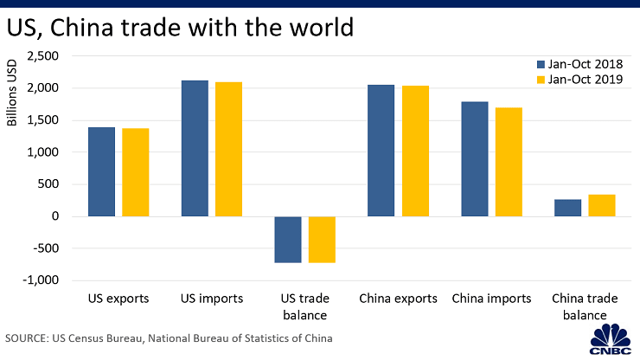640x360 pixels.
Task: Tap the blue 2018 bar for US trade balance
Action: [x=287, y=240]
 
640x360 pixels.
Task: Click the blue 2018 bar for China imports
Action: [x=474, y=159]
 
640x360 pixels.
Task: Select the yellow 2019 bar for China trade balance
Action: [x=601, y=205]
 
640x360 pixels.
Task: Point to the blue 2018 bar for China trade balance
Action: [x=567, y=208]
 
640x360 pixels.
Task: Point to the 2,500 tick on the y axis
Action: [x=42, y=56]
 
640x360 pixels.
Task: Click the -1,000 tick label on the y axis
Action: [x=42, y=280]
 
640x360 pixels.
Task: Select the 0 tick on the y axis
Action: [x=54, y=216]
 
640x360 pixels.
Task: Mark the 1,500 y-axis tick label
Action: [x=42, y=120]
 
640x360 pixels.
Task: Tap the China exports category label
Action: [x=398, y=299]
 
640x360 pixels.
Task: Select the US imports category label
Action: [x=211, y=299]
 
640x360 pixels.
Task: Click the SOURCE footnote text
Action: [x=169, y=337]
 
